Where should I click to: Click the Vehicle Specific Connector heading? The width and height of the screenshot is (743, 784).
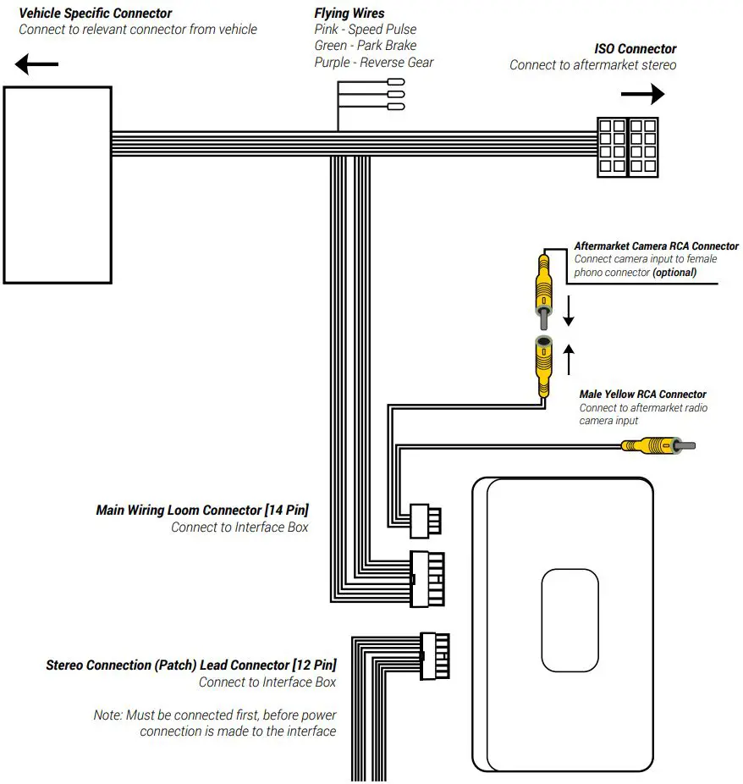(x=95, y=13)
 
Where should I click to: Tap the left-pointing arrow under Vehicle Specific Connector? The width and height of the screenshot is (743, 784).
(x=35, y=64)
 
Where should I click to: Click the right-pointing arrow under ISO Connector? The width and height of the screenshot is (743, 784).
(x=642, y=94)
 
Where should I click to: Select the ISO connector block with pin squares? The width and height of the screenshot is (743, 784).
(x=626, y=146)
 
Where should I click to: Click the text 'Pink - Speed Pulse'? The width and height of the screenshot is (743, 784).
(x=365, y=30)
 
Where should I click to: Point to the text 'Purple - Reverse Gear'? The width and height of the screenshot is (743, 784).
(x=373, y=62)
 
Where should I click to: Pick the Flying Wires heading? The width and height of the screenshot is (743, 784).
(x=349, y=13)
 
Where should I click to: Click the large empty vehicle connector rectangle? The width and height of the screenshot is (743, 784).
(x=58, y=185)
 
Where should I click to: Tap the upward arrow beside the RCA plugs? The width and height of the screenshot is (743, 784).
(x=569, y=359)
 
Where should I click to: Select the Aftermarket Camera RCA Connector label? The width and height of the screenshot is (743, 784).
(x=656, y=246)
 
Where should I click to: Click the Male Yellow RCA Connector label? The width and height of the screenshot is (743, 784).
(x=642, y=395)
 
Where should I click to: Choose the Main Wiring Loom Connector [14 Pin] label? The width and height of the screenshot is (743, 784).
(x=202, y=510)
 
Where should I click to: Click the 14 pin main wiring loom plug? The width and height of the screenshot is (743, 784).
(x=426, y=579)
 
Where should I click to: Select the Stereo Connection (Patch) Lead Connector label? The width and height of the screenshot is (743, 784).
(x=190, y=665)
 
